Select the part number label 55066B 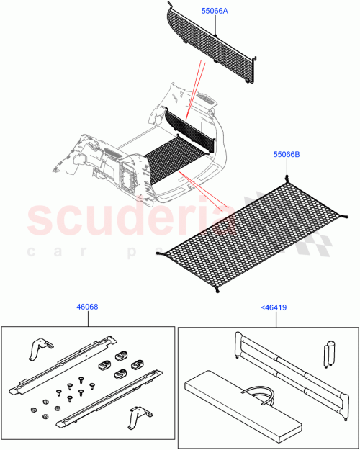click(287, 154)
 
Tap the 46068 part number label click(87, 307)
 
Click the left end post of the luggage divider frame click(238, 344)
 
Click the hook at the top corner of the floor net click(287, 178)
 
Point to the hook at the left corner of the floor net click(159, 253)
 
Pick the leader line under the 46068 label click(87, 319)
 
